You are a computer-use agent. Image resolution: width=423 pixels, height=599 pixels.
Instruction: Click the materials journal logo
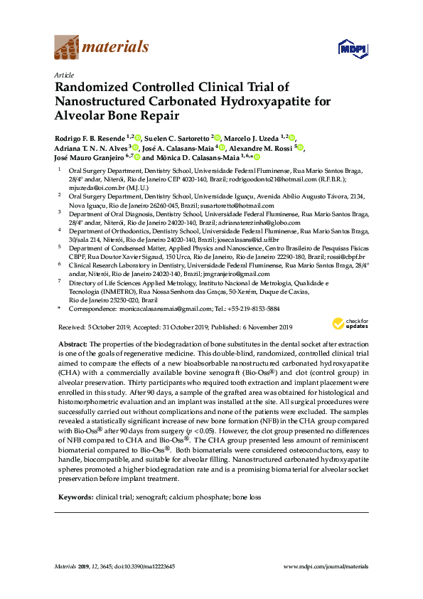102,48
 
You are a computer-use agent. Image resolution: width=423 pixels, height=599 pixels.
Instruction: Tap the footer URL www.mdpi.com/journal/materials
326,566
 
